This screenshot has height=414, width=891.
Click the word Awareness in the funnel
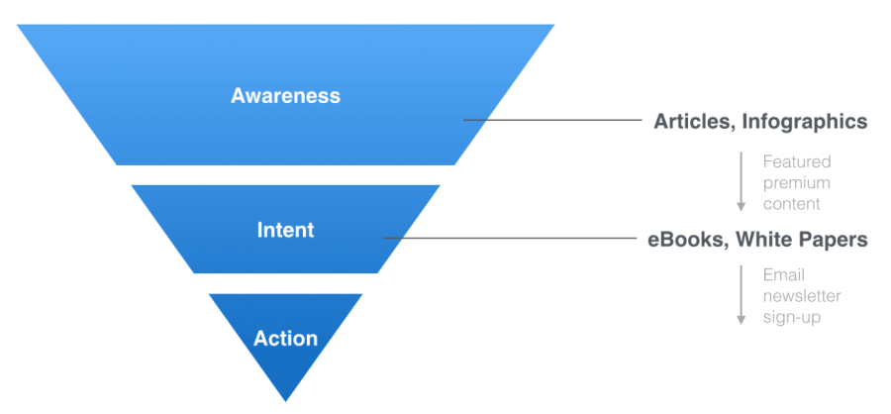[285, 95]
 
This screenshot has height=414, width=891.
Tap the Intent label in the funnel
[285, 230]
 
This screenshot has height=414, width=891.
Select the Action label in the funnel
[285, 339]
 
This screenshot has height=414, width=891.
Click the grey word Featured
[797, 162]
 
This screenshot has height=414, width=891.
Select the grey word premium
[797, 183]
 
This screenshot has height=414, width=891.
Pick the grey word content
[792, 204]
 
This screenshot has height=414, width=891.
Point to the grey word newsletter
[802, 296]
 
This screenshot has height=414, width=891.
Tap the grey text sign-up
[792, 317]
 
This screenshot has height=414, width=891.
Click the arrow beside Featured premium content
[741, 182]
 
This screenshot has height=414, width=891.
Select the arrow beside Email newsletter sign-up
[741, 295]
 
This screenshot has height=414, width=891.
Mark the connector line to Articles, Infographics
[552, 120]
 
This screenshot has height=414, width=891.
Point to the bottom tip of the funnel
[285, 401]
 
